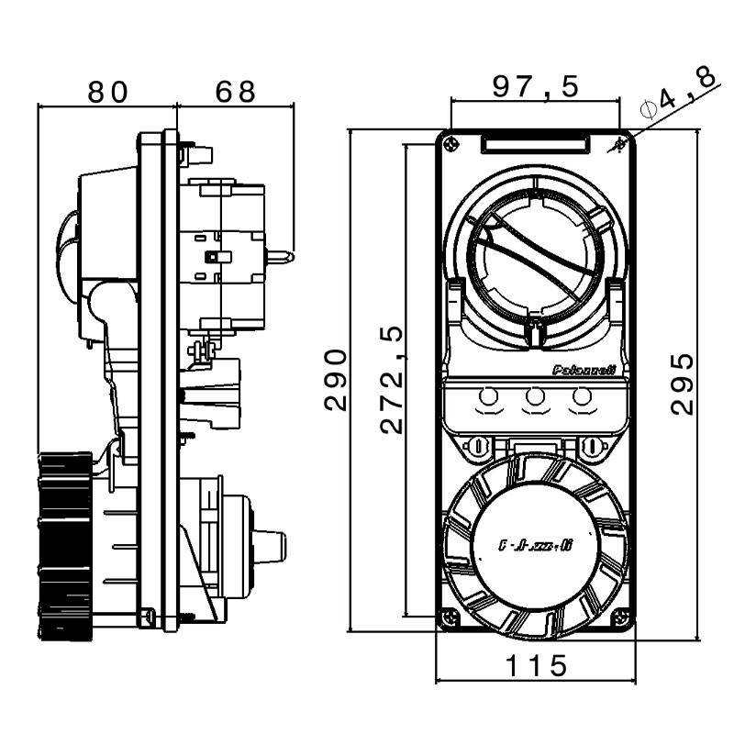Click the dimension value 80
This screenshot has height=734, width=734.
point(106,92)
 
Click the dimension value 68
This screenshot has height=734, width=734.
point(235,92)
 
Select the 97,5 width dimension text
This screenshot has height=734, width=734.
point(536,87)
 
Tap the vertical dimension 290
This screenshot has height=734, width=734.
point(338,379)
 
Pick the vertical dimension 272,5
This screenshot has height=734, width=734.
point(392,379)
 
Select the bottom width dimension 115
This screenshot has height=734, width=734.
point(537,666)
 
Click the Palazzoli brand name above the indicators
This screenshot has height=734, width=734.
point(583,371)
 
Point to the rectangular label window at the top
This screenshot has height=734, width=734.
point(535,144)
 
